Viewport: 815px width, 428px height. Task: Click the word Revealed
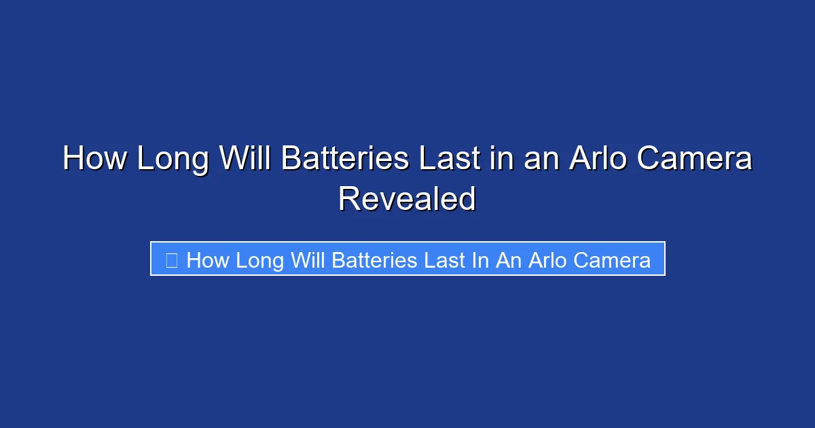click(x=407, y=199)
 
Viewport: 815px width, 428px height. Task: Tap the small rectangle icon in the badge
click(x=172, y=260)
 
